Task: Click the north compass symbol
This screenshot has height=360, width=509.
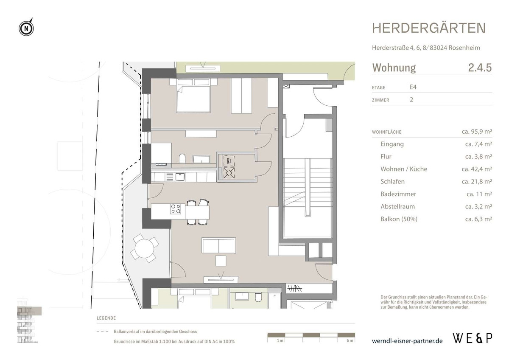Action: [26, 28]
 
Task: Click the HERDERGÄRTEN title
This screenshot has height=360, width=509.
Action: [429, 28]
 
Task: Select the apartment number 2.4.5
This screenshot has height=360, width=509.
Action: [480, 68]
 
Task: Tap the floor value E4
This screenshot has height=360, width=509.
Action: [413, 87]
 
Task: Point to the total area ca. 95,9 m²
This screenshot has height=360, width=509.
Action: [476, 132]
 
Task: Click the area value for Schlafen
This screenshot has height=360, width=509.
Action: [476, 182]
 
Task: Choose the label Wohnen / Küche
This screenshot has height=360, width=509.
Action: [404, 169]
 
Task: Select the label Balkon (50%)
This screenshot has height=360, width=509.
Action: [399, 219]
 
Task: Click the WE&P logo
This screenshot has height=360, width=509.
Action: [473, 338]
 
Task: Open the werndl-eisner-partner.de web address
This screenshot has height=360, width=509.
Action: [407, 340]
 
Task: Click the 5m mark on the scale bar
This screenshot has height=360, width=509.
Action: [349, 341]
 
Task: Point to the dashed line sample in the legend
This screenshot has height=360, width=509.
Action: [103, 332]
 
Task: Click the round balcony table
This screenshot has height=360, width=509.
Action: [144, 247]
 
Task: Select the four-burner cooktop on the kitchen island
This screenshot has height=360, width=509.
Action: [176, 209]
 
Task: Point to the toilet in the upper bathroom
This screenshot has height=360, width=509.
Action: [182, 159]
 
